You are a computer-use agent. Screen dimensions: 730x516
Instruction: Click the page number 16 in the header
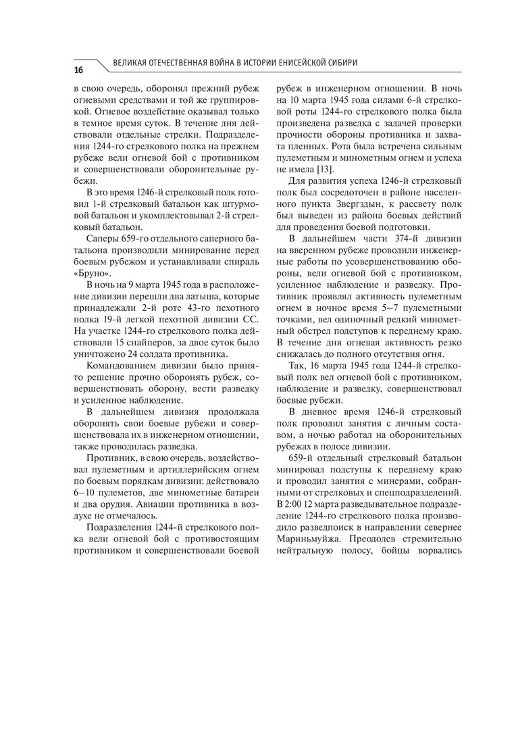tap(78, 70)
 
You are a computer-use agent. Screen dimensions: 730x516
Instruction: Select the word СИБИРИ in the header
tap(340, 63)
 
